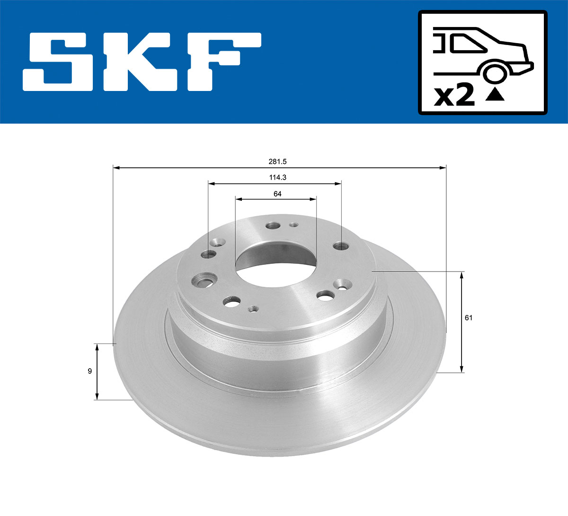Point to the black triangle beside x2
coord(495,94)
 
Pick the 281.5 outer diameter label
coord(278,162)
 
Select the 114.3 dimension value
coord(275,178)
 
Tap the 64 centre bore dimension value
coord(277,194)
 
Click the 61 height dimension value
coord(468,318)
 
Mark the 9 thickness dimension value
coord(89,371)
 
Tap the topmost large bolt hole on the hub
coord(273,226)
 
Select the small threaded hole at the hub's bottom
coord(253,309)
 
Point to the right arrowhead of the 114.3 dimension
coord(338,183)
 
